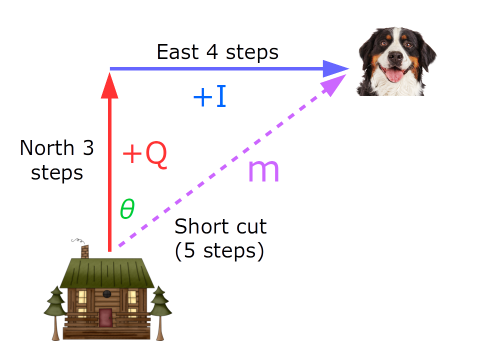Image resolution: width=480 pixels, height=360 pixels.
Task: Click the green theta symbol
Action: [x=127, y=210]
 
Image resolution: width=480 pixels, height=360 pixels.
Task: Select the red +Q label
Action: [x=144, y=155]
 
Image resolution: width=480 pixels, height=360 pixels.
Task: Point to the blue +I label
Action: [x=210, y=97]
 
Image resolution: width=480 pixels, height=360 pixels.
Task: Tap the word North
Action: [x=46, y=148]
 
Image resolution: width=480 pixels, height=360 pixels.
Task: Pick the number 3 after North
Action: [x=88, y=148]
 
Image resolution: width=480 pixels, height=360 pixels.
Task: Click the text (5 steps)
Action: [x=219, y=250]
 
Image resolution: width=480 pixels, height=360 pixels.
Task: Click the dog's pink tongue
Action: [x=395, y=75]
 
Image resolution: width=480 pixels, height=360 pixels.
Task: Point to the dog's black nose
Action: [x=395, y=56]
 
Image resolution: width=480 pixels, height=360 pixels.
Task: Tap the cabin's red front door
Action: [x=105, y=317]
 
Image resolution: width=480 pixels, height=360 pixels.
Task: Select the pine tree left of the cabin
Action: [x=55, y=310]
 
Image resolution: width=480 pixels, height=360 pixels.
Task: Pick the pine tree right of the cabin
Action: [x=160, y=310]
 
